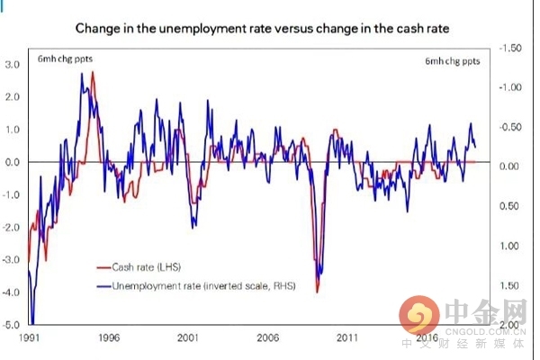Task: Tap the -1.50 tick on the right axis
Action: click(510, 47)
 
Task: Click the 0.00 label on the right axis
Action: click(511, 166)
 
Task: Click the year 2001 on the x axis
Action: click(188, 339)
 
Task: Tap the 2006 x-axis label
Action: click(267, 339)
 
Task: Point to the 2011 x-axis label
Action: click(347, 339)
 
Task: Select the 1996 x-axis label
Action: click(108, 339)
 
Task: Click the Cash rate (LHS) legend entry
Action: click(144, 266)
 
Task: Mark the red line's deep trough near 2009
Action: click(318, 291)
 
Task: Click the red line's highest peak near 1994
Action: click(93, 72)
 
